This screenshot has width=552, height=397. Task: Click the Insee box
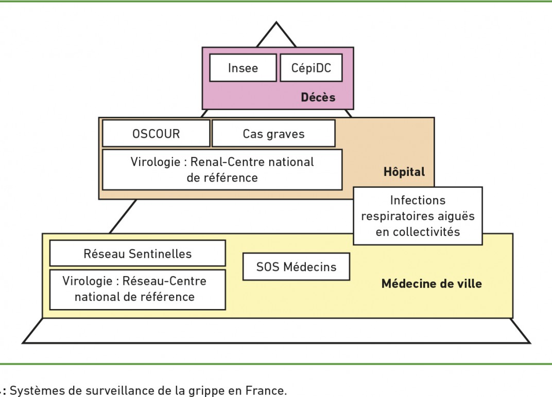(243, 68)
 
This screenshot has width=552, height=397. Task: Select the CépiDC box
(311, 68)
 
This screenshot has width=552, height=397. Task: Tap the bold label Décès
(318, 97)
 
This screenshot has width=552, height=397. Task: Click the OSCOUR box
(157, 134)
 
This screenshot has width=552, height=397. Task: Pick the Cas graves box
(273, 134)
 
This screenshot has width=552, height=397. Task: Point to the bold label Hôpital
(404, 172)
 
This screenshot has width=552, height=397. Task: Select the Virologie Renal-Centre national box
(222, 170)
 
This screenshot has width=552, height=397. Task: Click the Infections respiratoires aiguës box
(418, 216)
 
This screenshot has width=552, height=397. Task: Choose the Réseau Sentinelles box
(137, 253)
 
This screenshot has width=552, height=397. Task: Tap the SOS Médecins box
(297, 266)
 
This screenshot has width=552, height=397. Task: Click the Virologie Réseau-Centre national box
(137, 290)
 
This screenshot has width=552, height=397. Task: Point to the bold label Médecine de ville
(432, 283)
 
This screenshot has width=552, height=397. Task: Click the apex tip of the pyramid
(277, 22)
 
